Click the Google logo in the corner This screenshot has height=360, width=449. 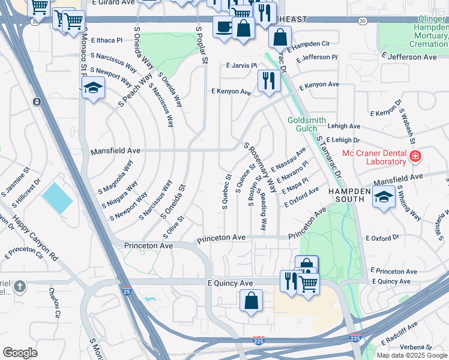coord(20,353)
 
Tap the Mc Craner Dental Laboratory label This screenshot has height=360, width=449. coord(374,157)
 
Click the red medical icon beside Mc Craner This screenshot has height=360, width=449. coord(415,157)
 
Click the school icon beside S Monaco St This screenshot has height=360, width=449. coord(92,88)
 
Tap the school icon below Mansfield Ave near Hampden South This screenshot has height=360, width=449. coord(384,197)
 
